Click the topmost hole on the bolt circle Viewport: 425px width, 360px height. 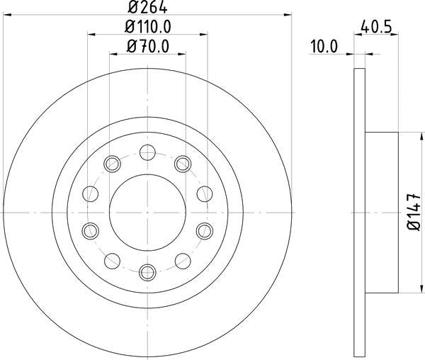tap(147, 150)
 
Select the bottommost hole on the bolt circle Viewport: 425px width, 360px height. tap(147, 271)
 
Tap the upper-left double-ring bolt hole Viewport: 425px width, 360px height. tap(112, 164)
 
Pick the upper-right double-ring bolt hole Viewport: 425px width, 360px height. tap(183, 164)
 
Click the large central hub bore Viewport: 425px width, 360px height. tap(147, 210)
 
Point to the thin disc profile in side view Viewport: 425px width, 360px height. tap(358, 210)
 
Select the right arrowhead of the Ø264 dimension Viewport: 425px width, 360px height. tap(289, 13)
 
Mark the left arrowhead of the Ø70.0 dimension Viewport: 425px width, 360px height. tap(113, 53)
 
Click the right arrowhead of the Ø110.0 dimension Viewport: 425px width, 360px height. tap(205, 33)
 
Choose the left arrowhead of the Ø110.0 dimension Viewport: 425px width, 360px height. tap(91, 33)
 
